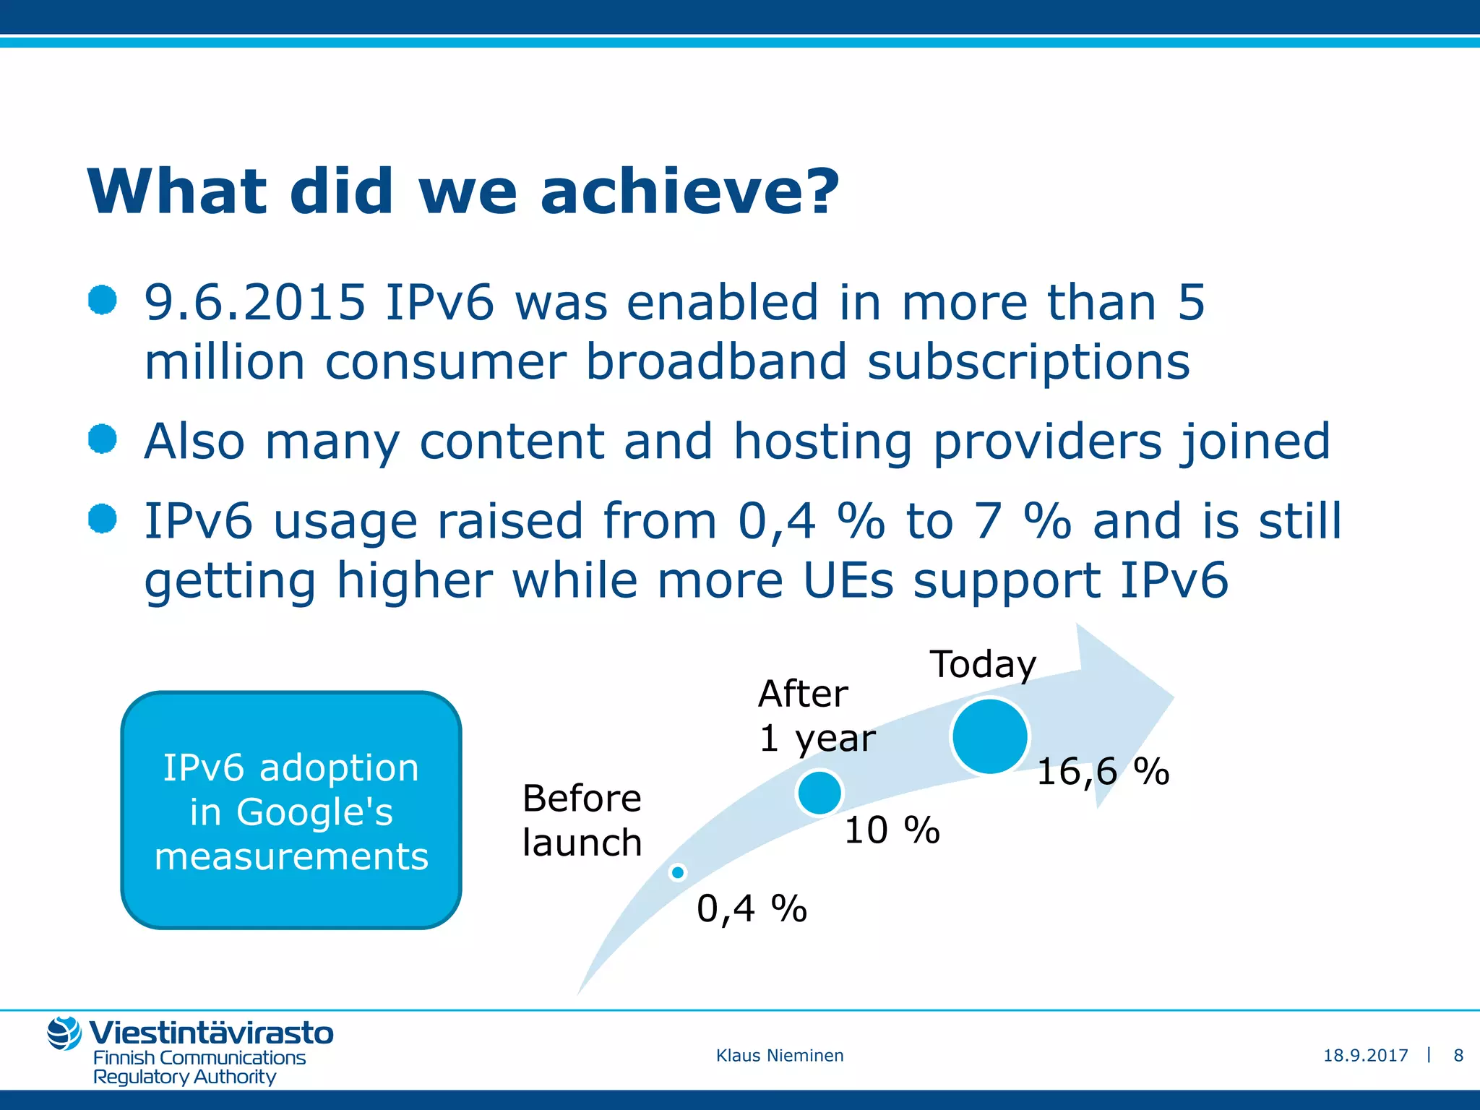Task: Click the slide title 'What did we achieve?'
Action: tap(462, 192)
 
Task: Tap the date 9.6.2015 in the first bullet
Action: tap(254, 302)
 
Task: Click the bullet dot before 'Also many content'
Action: tap(103, 439)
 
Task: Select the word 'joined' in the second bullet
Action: tap(1255, 442)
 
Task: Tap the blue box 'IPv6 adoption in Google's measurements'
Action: tap(291, 810)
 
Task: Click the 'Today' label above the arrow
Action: tap(983, 664)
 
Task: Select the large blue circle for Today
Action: tap(989, 736)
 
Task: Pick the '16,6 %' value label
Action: tap(1103, 771)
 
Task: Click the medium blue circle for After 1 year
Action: tap(819, 793)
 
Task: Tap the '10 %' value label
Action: tap(892, 830)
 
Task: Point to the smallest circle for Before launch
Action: tap(678, 873)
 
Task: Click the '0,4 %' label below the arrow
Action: tap(752, 908)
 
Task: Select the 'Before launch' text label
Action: tap(582, 820)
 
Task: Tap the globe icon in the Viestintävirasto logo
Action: tap(64, 1033)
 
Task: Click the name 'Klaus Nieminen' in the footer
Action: tap(780, 1056)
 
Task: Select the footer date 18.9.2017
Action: tap(1365, 1056)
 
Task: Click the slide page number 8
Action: tap(1458, 1056)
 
